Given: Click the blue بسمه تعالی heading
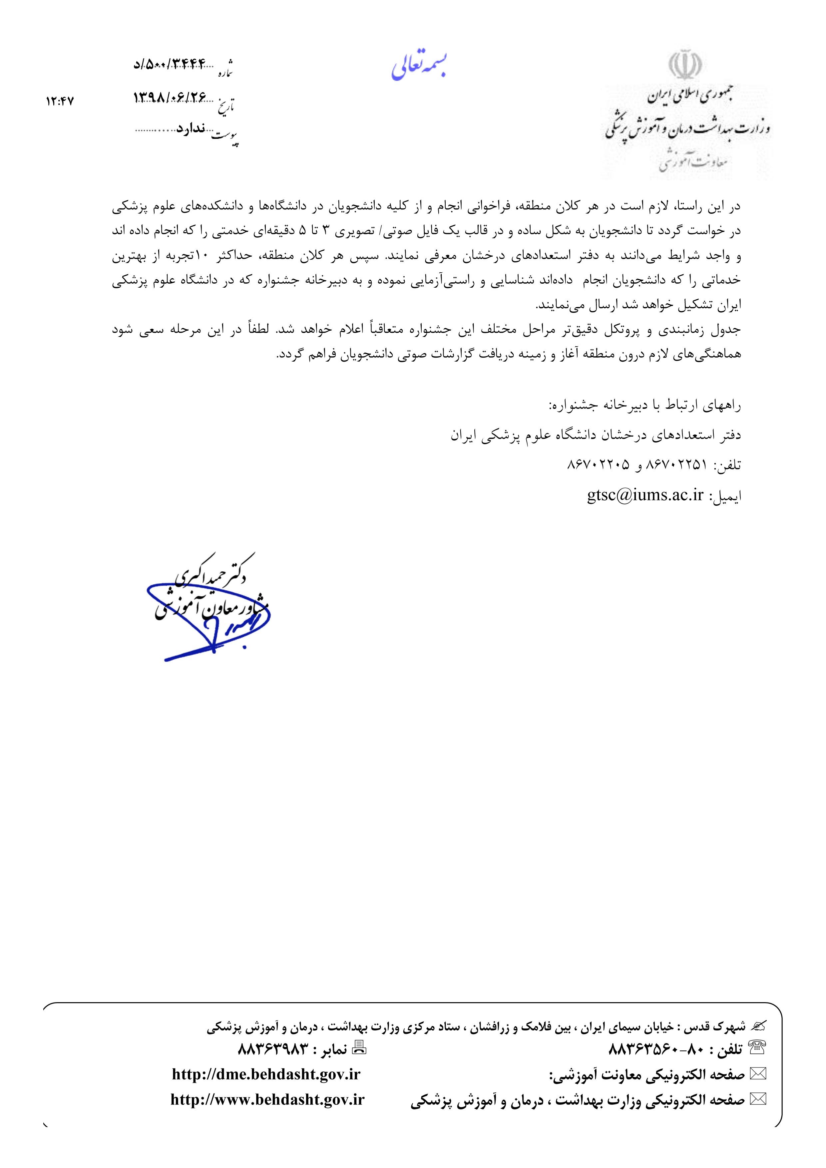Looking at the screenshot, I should pos(420,69).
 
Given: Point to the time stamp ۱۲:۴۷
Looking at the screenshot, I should pos(60,101).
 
